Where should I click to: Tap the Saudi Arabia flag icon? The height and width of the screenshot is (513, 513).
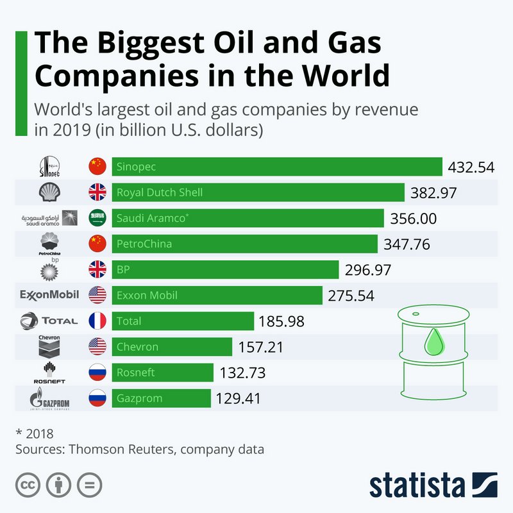point(97,218)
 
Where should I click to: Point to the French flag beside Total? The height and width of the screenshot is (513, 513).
point(97,321)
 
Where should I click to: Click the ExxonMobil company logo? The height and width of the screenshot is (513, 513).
point(50,295)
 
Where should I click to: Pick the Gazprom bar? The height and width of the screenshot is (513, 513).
point(161,398)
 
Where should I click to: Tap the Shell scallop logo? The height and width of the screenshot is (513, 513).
point(50,192)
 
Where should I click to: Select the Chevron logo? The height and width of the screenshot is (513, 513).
point(49,346)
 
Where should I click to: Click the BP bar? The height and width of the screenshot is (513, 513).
point(225,269)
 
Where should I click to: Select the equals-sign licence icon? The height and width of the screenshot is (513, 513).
point(90,484)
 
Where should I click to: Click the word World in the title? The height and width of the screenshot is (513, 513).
point(347,76)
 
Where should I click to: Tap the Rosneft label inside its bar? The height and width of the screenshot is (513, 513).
point(135,373)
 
